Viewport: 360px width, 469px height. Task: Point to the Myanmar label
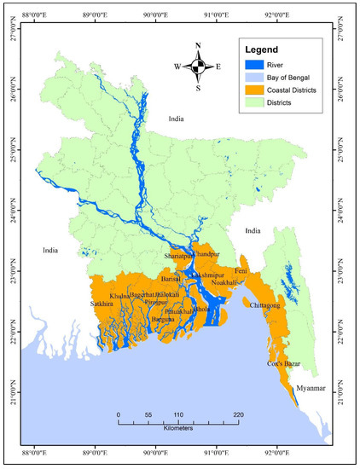coord(310,388)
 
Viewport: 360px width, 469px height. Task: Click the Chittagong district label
coord(270,304)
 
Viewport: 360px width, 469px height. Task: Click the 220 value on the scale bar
coord(238,414)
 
